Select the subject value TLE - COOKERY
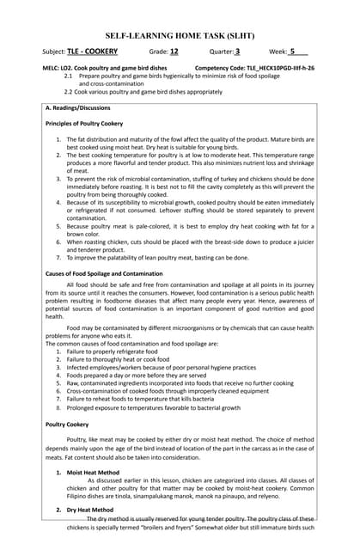click(89, 51)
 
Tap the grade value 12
click(174, 51)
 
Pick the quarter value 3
click(237, 51)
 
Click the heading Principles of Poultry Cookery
click(88, 124)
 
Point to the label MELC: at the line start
click(40, 66)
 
